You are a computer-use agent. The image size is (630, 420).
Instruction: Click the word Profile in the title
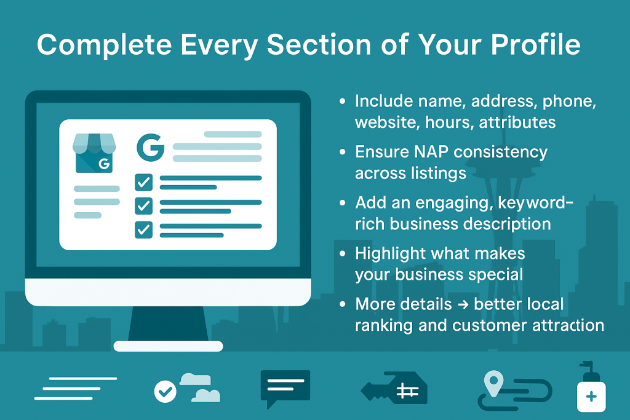(536, 44)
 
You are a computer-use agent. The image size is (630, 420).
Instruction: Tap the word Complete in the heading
(105, 45)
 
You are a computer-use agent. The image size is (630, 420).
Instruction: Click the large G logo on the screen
(150, 148)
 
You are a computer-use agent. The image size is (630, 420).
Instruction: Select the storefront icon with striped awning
(94, 153)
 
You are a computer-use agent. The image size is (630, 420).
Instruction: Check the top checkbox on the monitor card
(143, 182)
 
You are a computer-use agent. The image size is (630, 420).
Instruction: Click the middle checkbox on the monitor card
(143, 206)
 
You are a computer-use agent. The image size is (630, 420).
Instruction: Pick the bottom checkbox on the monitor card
(143, 229)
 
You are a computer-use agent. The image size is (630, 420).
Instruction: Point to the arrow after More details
(463, 305)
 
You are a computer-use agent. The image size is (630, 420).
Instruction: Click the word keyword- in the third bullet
(535, 204)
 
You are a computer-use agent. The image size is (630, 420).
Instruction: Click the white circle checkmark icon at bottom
(165, 391)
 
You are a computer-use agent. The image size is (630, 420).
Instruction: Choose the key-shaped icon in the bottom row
(394, 388)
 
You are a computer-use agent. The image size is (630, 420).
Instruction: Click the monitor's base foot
(168, 346)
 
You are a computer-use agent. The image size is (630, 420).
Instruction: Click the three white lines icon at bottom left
(76, 388)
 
